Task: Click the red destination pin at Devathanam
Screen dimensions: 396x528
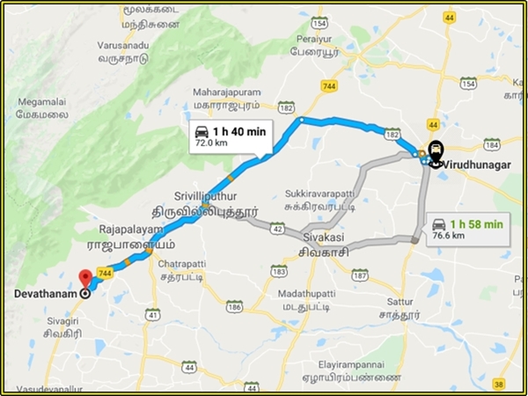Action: point(84,277)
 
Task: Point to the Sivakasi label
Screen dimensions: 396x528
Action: point(318,238)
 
